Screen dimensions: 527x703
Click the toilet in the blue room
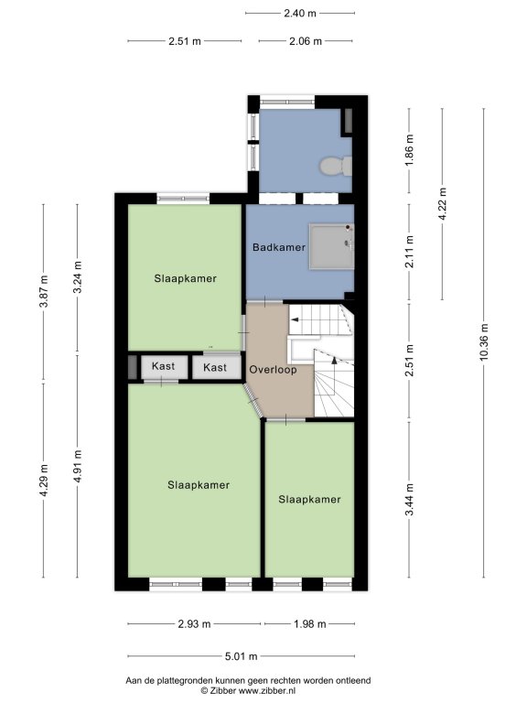point(336,167)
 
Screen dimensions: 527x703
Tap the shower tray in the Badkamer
point(331,247)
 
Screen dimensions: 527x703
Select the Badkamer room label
point(279,247)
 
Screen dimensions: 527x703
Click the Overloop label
point(273,370)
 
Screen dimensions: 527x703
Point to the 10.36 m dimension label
point(483,342)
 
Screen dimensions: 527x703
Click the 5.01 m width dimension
point(242,656)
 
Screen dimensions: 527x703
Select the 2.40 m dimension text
point(300,13)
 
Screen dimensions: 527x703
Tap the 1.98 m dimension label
point(309,623)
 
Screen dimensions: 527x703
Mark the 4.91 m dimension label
point(78,466)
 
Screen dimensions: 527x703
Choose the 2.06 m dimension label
point(306,41)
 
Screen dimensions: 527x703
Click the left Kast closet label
point(163,366)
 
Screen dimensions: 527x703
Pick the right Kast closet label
point(215,368)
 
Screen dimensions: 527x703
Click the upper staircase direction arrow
point(295,319)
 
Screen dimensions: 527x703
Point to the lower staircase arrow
point(333,360)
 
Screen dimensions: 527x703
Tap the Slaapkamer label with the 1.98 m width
point(309,500)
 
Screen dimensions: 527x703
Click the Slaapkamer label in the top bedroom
point(186,278)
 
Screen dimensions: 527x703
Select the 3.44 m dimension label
point(409,500)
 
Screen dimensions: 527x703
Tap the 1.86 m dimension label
point(409,150)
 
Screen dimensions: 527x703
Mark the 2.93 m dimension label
point(194,623)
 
